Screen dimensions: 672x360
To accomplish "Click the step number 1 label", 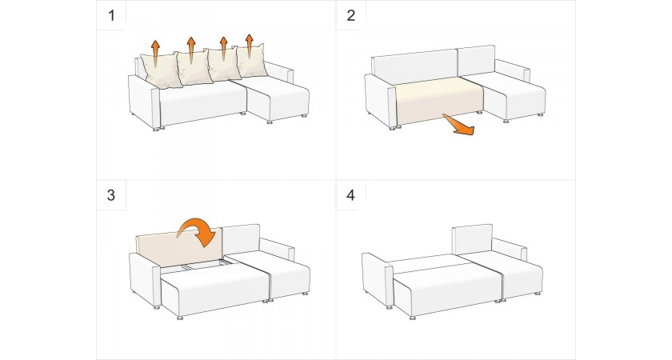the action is [x=111, y=16].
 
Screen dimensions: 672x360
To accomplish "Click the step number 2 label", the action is [x=351, y=16].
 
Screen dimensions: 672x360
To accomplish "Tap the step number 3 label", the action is [x=111, y=195].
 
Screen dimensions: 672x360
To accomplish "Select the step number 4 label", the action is [x=351, y=195].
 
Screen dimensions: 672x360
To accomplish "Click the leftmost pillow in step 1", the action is [x=160, y=70].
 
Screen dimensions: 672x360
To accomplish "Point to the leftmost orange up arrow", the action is [x=155, y=52].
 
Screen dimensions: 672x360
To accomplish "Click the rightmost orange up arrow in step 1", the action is [x=250, y=46].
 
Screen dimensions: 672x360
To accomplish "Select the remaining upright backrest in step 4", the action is [x=472, y=238].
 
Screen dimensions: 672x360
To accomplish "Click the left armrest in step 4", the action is [x=378, y=279].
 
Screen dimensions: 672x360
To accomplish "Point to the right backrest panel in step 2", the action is [x=477, y=61].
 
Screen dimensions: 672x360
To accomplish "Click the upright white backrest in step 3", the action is [x=242, y=240].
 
